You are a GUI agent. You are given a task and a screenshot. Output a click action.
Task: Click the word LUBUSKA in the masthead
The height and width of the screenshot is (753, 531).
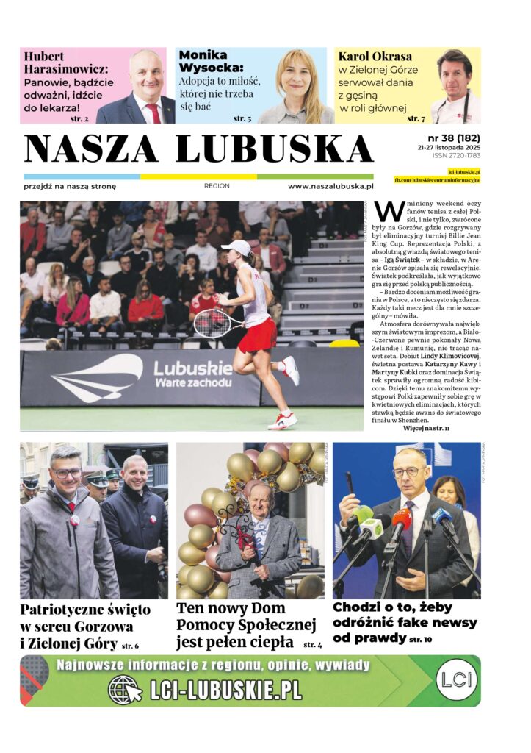point(275,149)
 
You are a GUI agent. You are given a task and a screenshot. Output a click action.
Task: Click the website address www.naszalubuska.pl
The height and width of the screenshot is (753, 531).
point(330,187)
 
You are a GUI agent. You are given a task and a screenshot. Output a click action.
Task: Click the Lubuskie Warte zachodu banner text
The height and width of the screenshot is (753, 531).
point(193,374)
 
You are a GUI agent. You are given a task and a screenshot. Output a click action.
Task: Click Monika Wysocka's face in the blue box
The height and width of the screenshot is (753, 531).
point(296,76)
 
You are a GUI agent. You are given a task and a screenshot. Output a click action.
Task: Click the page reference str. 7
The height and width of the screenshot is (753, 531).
point(416,118)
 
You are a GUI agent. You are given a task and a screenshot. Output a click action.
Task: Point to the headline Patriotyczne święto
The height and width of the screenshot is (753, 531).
point(85,610)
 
